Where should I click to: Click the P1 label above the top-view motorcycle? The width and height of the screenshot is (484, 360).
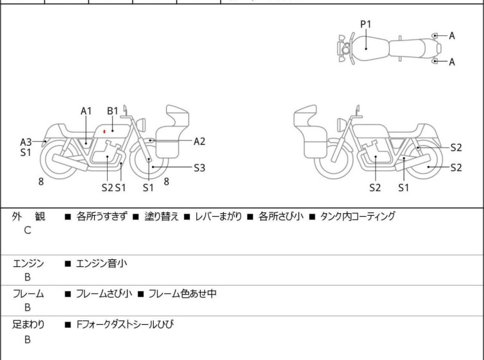(365, 24)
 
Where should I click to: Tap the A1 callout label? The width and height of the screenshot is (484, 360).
(87, 110)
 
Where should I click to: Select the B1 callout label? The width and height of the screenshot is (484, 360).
(112, 110)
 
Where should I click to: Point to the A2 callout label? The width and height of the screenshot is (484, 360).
(199, 141)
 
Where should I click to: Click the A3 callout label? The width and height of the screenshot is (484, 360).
(26, 142)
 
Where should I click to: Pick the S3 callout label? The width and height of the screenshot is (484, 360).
(199, 167)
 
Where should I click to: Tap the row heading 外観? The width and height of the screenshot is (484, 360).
(28, 217)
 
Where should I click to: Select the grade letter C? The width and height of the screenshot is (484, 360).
(28, 230)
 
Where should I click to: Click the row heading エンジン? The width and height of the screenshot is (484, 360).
(28, 262)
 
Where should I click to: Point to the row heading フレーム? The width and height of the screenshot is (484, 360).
(28, 294)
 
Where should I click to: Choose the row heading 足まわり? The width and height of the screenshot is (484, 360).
(28, 325)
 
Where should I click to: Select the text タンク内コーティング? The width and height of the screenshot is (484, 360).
(358, 217)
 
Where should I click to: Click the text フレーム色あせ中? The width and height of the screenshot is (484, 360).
(182, 294)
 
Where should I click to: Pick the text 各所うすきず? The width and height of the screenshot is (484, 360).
(102, 217)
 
